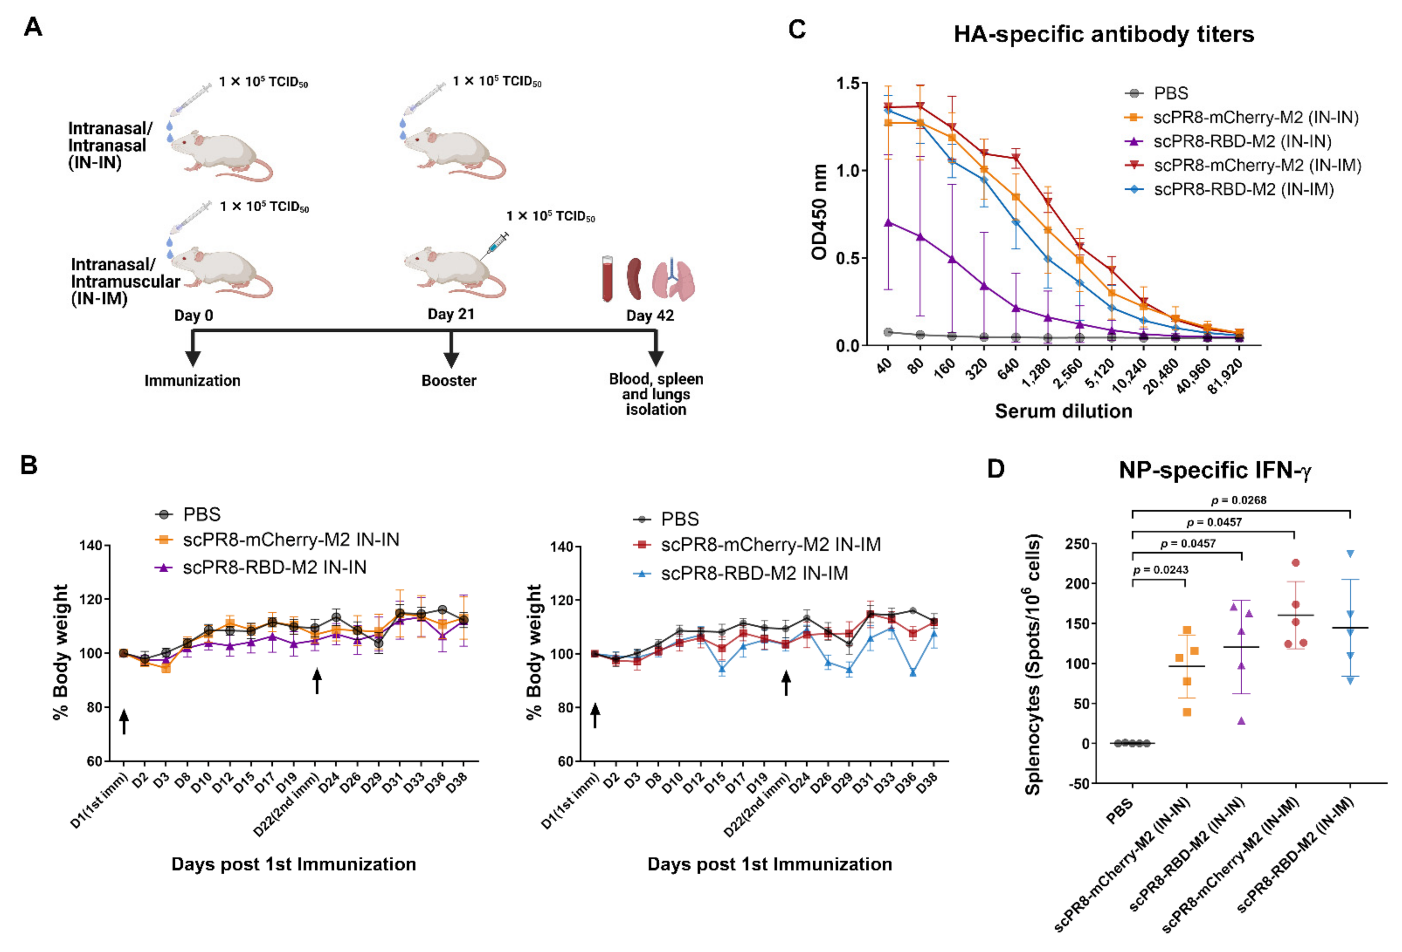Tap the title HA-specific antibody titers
tap(1103, 34)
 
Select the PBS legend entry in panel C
tap(1170, 94)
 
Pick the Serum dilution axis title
tap(1063, 411)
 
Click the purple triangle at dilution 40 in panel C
tap(888, 222)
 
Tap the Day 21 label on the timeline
tap(451, 314)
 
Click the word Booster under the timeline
tap(449, 380)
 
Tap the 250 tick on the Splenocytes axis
tap(1077, 544)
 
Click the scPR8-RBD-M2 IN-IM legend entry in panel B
tap(754, 573)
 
